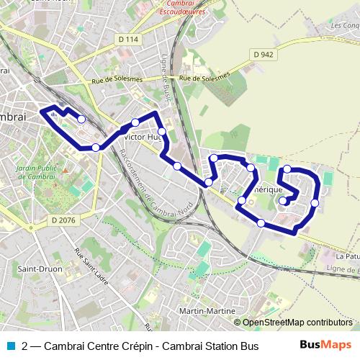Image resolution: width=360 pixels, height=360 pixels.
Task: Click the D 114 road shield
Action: point(127,39)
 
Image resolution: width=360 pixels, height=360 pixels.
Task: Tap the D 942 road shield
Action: point(264,54)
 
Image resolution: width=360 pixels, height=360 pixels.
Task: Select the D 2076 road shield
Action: point(62,220)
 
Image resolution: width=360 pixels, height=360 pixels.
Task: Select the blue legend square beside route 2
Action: point(8,346)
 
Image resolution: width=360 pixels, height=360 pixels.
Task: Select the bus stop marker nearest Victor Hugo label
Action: point(135,122)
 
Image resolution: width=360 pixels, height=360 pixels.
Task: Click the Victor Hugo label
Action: point(144,136)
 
